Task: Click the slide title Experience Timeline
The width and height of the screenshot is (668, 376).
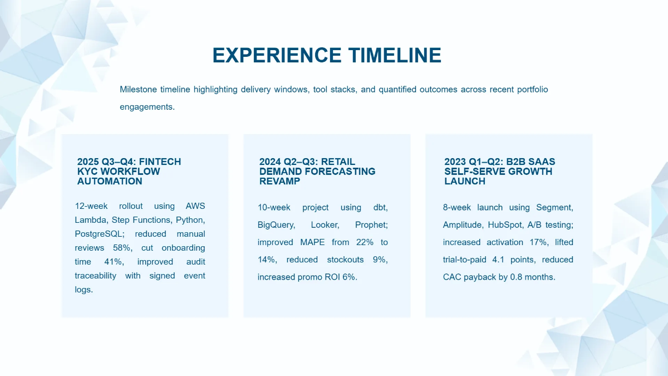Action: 327,56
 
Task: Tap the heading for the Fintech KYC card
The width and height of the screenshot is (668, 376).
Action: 129,172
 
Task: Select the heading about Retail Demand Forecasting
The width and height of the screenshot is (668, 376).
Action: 317,172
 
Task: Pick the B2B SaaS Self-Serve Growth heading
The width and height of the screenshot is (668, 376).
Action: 499,172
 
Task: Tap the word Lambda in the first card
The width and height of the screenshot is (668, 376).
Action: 91,220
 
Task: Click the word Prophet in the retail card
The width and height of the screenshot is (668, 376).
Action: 371,225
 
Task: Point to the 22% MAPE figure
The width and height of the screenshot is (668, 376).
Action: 364,242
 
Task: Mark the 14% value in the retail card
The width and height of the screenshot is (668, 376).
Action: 267,260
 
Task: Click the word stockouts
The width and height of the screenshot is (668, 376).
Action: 345,260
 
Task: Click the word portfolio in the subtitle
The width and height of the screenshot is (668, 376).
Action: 532,89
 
